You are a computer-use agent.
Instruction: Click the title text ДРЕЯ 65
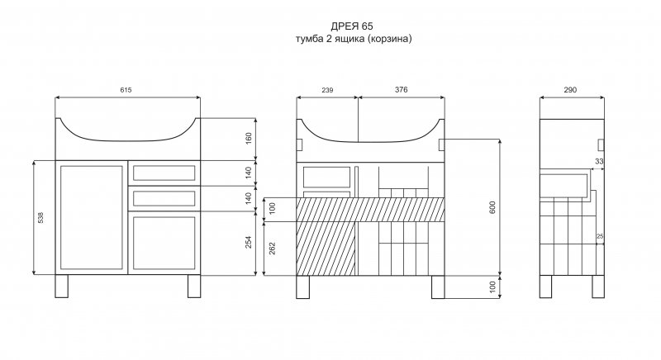point(352,26)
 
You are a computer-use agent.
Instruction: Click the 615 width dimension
point(126,90)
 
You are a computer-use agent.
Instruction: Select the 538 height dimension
point(40,217)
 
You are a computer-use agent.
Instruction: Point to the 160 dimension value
point(249,139)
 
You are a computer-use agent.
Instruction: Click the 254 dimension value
point(249,242)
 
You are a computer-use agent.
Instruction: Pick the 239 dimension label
point(327,90)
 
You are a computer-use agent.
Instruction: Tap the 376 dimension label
point(402,90)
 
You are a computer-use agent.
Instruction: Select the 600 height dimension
point(492,207)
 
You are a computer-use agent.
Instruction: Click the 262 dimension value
point(273,248)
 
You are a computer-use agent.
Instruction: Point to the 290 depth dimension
point(570,90)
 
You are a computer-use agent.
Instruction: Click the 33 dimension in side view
point(599,161)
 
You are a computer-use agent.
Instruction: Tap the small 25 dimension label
point(600,237)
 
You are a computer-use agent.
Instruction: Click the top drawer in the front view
point(164,173)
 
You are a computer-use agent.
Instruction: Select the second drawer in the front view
point(164,198)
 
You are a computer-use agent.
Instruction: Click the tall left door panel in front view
point(92,217)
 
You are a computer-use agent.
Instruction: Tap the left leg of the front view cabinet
point(61,286)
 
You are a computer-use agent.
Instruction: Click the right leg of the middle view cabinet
point(438,287)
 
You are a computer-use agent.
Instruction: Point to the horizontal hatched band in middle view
point(370,210)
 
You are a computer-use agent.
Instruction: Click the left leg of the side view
point(546,287)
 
